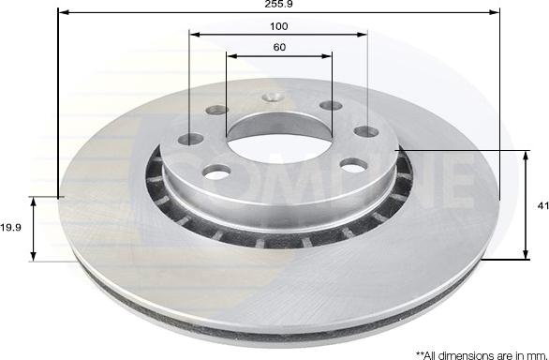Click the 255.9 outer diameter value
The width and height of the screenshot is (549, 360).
pyautogui.click(x=278, y=4)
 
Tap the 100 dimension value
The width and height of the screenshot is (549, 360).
pyautogui.click(x=278, y=26)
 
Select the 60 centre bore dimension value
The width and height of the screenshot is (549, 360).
pyautogui.click(x=279, y=47)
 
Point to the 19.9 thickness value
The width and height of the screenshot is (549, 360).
pyautogui.click(x=11, y=228)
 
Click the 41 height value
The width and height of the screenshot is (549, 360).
pyautogui.click(x=543, y=206)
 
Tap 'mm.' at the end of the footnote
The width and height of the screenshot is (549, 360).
pyautogui.click(x=539, y=356)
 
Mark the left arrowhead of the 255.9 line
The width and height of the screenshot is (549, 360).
pyautogui.click(x=64, y=12)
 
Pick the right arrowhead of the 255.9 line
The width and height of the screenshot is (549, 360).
pyautogui.click(x=494, y=12)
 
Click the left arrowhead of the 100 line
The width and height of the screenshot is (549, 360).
pyautogui.click(x=195, y=35)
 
